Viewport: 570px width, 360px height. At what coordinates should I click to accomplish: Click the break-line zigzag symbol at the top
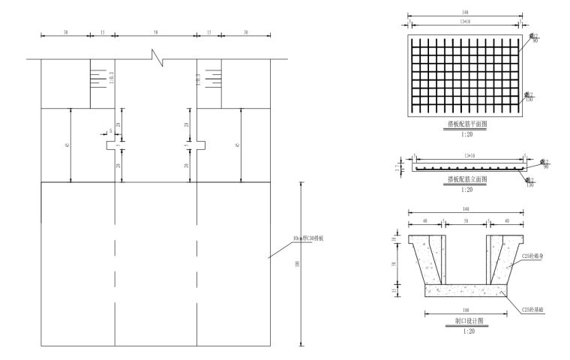[x=156, y=56]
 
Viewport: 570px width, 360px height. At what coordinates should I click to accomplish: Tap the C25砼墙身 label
[x=532, y=256]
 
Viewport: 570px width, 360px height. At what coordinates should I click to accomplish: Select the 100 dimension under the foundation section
[x=465, y=309]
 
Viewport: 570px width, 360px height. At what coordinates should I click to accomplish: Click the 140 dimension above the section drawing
[x=465, y=209]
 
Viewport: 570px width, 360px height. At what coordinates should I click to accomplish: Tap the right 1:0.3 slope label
[x=197, y=76]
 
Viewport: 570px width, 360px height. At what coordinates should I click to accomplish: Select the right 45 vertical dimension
[x=238, y=144]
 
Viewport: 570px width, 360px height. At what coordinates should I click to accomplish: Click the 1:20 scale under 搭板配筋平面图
[x=466, y=135]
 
